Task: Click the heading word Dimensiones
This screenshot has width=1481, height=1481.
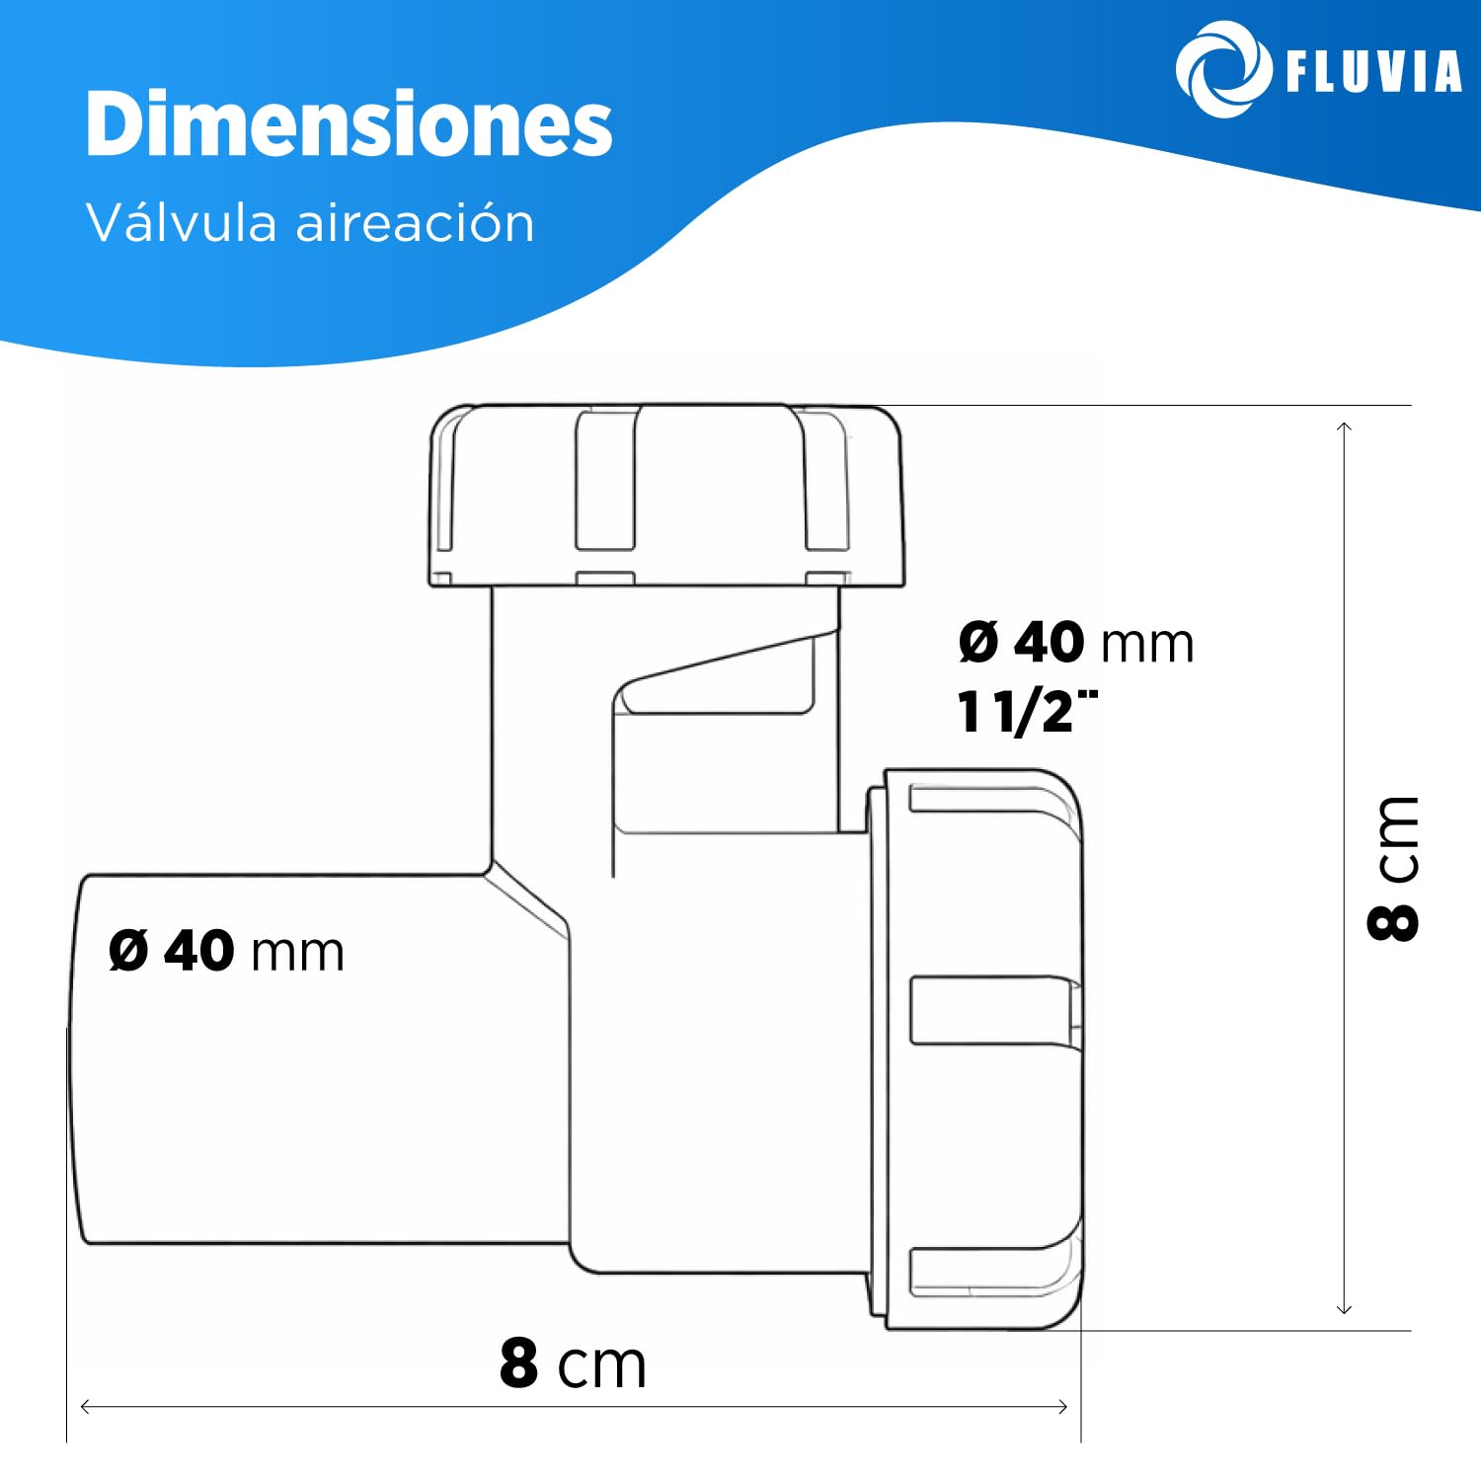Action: pyautogui.click(x=349, y=124)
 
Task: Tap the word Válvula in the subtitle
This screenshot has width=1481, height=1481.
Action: pyautogui.click(x=182, y=222)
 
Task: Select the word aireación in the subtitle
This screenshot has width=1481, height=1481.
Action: pyautogui.click(x=415, y=222)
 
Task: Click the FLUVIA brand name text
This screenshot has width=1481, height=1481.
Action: pyautogui.click(x=1373, y=72)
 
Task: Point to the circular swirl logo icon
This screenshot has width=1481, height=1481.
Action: pyautogui.click(x=1222, y=70)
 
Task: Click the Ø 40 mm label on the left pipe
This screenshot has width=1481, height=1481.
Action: pyautogui.click(x=226, y=951)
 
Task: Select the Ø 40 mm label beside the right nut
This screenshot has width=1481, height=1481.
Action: pyautogui.click(x=1076, y=643)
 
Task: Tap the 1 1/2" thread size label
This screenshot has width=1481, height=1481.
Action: pyautogui.click(x=1027, y=711)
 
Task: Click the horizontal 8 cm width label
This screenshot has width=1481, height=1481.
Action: pyautogui.click(x=573, y=1364)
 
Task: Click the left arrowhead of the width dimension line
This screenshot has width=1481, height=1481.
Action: pyautogui.click(x=84, y=1406)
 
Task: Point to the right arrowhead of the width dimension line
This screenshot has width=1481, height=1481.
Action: pyautogui.click(x=1063, y=1406)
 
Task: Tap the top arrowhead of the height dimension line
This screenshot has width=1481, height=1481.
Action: pyautogui.click(x=1344, y=427)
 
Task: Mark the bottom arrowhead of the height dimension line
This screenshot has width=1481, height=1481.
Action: pyautogui.click(x=1344, y=1309)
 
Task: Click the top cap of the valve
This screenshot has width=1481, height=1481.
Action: pyautogui.click(x=666, y=494)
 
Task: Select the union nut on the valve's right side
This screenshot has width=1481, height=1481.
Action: pyautogui.click(x=977, y=1047)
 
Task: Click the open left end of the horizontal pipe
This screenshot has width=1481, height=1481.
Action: pyautogui.click(x=77, y=1056)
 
